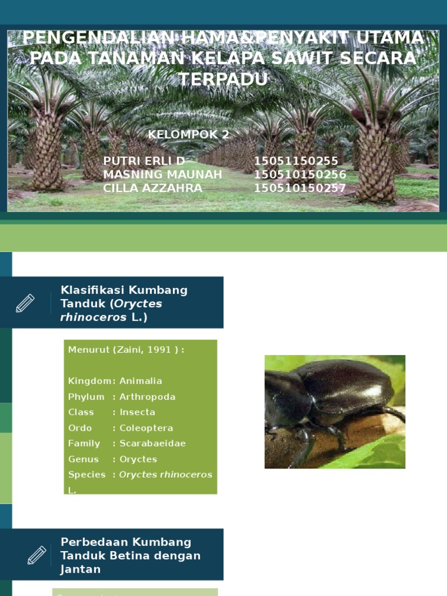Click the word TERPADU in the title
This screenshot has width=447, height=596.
coord(223,79)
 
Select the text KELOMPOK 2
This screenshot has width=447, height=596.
coord(189,135)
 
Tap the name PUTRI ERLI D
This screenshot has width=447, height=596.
coord(144,161)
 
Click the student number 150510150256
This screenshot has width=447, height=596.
coord(300,175)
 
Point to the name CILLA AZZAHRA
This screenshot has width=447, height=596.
coord(152,188)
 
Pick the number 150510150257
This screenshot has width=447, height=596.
coord(300,188)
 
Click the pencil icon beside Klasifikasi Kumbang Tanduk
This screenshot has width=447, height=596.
coord(25,303)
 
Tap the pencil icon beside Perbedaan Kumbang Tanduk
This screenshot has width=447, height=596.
coord(37,555)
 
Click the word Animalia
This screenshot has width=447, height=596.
coord(141,381)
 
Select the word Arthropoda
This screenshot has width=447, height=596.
coord(147,397)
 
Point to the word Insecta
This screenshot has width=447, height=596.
coord(137,412)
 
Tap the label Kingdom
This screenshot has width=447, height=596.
coord(90,381)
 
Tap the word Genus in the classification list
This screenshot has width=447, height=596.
coord(83,459)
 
